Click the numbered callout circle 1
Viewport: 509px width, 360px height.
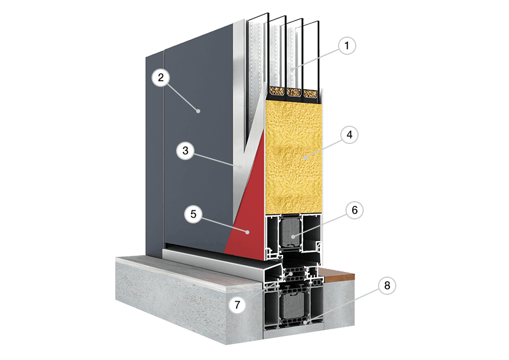(x=347, y=46)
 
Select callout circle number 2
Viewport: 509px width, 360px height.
(x=161, y=78)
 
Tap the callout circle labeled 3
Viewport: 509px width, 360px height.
(x=185, y=151)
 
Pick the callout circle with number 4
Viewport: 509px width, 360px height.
(x=349, y=135)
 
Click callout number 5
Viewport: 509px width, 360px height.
(x=193, y=214)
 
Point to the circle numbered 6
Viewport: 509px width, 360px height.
(x=355, y=210)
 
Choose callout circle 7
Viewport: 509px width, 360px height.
(x=237, y=305)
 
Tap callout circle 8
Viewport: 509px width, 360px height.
(x=387, y=286)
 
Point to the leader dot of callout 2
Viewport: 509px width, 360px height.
(x=198, y=111)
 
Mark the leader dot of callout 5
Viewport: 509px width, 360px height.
(x=248, y=232)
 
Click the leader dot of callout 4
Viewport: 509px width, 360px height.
(x=305, y=158)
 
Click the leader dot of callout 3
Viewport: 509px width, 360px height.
(x=240, y=167)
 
